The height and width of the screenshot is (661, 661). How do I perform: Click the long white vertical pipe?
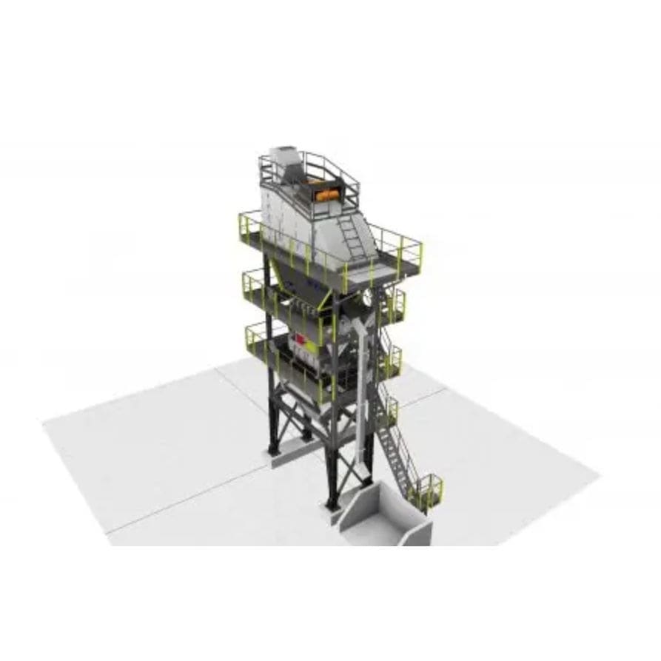[363, 400]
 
